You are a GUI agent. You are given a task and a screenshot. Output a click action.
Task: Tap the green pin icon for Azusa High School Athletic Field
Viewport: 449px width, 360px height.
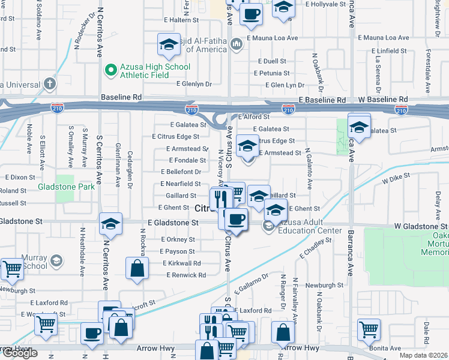[x=110, y=71]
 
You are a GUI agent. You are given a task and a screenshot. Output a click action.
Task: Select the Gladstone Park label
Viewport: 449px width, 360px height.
[x=66, y=187]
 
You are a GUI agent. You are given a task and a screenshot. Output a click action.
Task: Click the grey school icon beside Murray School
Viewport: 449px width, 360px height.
[x=56, y=260]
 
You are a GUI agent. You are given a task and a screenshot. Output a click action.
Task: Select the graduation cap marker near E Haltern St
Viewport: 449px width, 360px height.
[x=169, y=44]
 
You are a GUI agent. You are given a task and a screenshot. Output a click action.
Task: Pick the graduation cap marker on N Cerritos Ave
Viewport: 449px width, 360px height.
[x=110, y=224]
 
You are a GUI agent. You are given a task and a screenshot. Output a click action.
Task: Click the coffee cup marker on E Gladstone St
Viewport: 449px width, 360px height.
[x=237, y=219]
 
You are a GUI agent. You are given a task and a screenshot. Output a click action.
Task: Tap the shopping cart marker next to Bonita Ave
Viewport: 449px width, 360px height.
[x=369, y=329]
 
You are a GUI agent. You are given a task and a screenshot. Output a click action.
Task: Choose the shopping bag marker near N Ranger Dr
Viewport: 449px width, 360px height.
[x=283, y=332]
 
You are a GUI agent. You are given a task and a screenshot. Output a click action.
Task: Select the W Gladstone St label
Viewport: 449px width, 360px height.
[x=420, y=226]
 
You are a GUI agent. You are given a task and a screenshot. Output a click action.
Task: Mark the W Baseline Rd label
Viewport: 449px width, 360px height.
[x=374, y=98]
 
